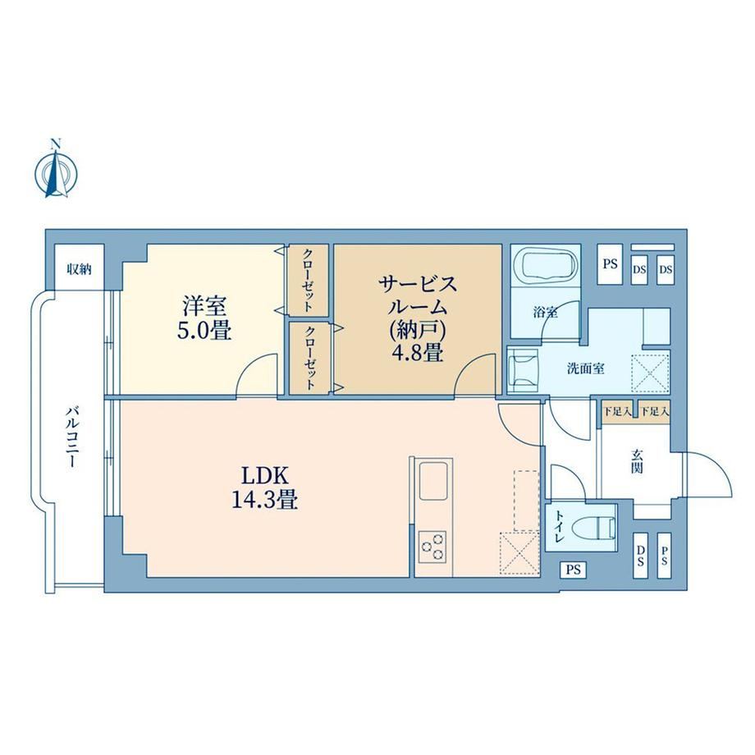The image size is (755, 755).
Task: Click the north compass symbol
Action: [57, 170]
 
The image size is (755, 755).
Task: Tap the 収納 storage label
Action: [79, 269]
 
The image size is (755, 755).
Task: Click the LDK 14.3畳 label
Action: [265, 487]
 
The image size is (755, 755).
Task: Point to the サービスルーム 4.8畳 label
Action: [418, 318]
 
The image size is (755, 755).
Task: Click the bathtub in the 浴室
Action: [546, 264]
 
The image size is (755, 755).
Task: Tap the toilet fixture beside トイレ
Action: [597, 528]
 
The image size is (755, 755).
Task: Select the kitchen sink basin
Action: [435, 480]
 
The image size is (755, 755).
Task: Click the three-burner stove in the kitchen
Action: [432, 547]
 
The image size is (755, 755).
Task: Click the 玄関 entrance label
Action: [638, 461]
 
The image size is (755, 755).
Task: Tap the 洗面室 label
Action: [585, 368]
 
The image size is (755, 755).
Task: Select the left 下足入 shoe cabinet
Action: [617, 412]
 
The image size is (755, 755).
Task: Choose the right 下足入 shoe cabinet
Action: [654, 412]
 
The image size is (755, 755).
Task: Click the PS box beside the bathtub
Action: [611, 264]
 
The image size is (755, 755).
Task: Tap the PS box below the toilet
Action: [573, 570]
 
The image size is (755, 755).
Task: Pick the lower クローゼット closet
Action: [310, 358]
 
